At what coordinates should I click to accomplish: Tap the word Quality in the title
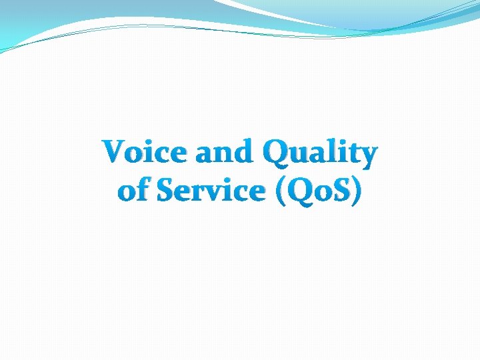pos(320,154)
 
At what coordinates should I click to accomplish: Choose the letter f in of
pos(143,189)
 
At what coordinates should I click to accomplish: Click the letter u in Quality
pos(304,155)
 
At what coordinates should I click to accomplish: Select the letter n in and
pos(225,155)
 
